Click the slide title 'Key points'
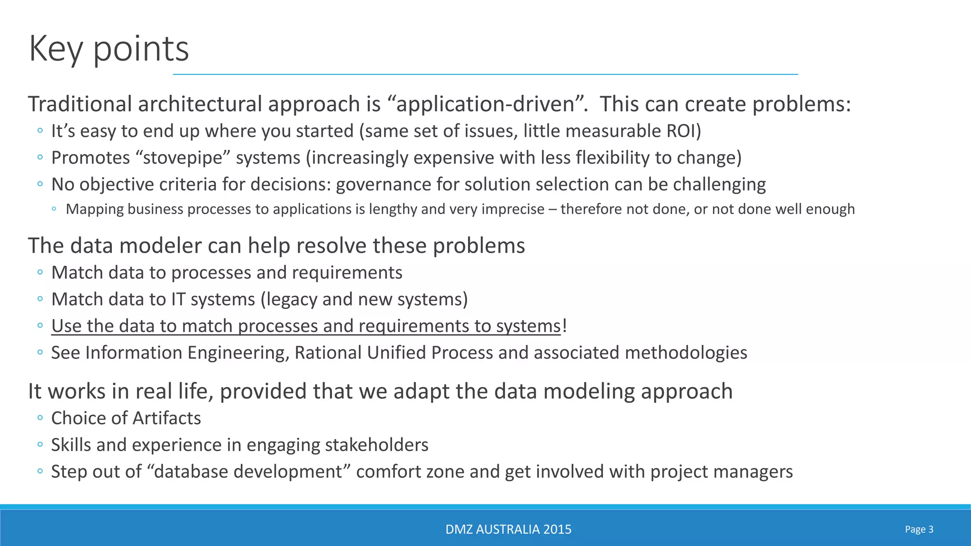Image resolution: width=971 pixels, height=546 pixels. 109,49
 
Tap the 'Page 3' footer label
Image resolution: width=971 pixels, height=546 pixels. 919,529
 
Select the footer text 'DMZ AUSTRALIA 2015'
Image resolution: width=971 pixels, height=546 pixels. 508,529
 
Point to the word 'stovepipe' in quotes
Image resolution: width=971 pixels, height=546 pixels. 183,158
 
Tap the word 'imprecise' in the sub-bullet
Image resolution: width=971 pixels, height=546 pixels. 513,209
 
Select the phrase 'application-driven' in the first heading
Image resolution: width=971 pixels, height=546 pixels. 485,104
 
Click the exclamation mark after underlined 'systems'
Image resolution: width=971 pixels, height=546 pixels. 565,326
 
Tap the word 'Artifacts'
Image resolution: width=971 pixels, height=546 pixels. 166,419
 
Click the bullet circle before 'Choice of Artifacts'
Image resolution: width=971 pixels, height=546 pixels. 40,418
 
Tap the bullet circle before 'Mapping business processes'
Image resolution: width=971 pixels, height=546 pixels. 55,209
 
